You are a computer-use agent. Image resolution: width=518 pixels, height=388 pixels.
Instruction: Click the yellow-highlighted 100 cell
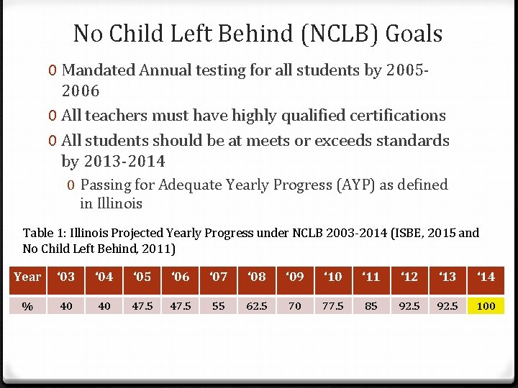[486, 306]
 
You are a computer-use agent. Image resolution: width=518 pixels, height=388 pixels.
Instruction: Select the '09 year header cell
[294, 277]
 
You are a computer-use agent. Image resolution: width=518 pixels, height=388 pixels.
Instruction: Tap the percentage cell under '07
[219, 306]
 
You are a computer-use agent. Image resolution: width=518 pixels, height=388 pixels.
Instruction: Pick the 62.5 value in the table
[257, 306]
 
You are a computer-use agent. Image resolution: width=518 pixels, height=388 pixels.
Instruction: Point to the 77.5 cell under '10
[332, 306]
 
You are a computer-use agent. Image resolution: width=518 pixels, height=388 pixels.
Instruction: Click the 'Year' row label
[28, 277]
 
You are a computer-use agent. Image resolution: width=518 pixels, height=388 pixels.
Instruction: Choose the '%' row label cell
[27, 306]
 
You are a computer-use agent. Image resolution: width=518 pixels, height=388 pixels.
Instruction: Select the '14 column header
[486, 277]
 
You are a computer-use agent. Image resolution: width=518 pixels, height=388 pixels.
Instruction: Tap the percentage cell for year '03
[66, 306]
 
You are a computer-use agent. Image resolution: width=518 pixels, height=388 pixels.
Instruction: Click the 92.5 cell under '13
[447, 306]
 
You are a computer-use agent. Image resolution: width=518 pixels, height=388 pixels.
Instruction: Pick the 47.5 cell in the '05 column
[142, 306]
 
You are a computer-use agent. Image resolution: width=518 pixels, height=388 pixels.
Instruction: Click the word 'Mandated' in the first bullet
[99, 70]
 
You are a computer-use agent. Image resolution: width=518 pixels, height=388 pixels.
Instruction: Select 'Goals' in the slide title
[414, 33]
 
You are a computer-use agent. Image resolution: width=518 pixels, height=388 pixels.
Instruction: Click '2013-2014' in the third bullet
[124, 161]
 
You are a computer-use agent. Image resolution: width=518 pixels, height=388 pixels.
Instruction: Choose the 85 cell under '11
[371, 306]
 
